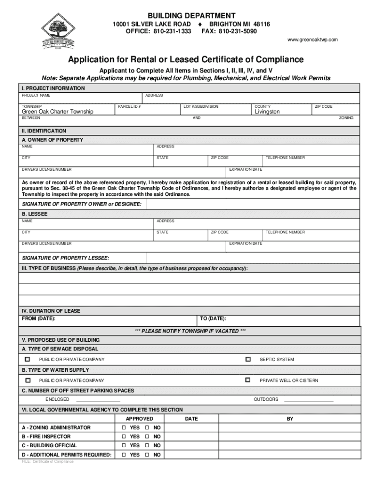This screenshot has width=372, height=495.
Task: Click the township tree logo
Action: click(57, 30)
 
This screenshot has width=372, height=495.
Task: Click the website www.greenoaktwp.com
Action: click(313, 40)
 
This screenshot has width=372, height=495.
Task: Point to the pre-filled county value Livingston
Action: click(267, 112)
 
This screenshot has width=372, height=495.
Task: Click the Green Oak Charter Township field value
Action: click(57, 112)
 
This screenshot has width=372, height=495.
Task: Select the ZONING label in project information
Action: click(346, 118)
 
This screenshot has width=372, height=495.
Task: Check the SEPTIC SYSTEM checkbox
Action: click(248, 359)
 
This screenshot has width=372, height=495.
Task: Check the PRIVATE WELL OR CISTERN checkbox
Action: click(248, 380)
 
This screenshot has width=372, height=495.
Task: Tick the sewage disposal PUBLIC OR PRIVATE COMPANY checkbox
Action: click(28, 359)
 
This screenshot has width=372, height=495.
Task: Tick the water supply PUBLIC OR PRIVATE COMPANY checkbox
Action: click(28, 380)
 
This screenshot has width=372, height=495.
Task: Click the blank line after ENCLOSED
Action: click(98, 400)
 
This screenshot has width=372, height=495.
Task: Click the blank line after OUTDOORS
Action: click(309, 400)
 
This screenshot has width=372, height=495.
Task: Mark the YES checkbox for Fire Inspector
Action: click(124, 437)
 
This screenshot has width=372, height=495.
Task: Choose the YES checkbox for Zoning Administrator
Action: click(124, 428)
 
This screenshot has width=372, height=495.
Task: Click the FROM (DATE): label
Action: click(39, 319)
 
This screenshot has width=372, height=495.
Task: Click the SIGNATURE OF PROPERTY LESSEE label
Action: click(65, 258)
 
